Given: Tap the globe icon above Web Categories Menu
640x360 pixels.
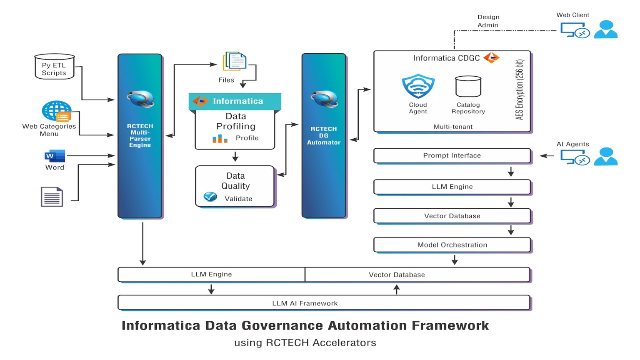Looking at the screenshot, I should pyautogui.click(x=56, y=110).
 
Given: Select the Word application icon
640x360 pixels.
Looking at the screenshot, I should pyautogui.click(x=55, y=156).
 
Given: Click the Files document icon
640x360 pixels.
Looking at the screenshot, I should pyautogui.click(x=235, y=62).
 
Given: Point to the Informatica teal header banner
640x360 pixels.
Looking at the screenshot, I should pyautogui.click(x=235, y=101).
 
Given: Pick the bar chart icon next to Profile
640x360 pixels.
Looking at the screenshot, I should pyautogui.click(x=220, y=138).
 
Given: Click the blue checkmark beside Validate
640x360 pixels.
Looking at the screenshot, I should pyautogui.click(x=210, y=196).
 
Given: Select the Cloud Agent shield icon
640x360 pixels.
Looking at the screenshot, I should pyautogui.click(x=418, y=86).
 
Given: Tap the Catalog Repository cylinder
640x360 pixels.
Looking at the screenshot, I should pyautogui.click(x=468, y=87).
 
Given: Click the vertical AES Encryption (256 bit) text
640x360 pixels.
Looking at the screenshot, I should pyautogui.click(x=519, y=90).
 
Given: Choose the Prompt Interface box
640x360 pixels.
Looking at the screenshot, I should pyautogui.click(x=452, y=155).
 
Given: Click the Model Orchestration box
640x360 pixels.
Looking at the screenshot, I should pyautogui.click(x=452, y=245).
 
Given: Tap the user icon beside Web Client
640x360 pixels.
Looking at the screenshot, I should pyautogui.click(x=605, y=30).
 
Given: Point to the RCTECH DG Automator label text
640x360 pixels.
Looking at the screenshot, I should pyautogui.click(x=324, y=136).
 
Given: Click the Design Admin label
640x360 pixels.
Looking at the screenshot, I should pyautogui.click(x=488, y=21).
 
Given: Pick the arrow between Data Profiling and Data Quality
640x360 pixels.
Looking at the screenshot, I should pyautogui.click(x=235, y=157).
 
